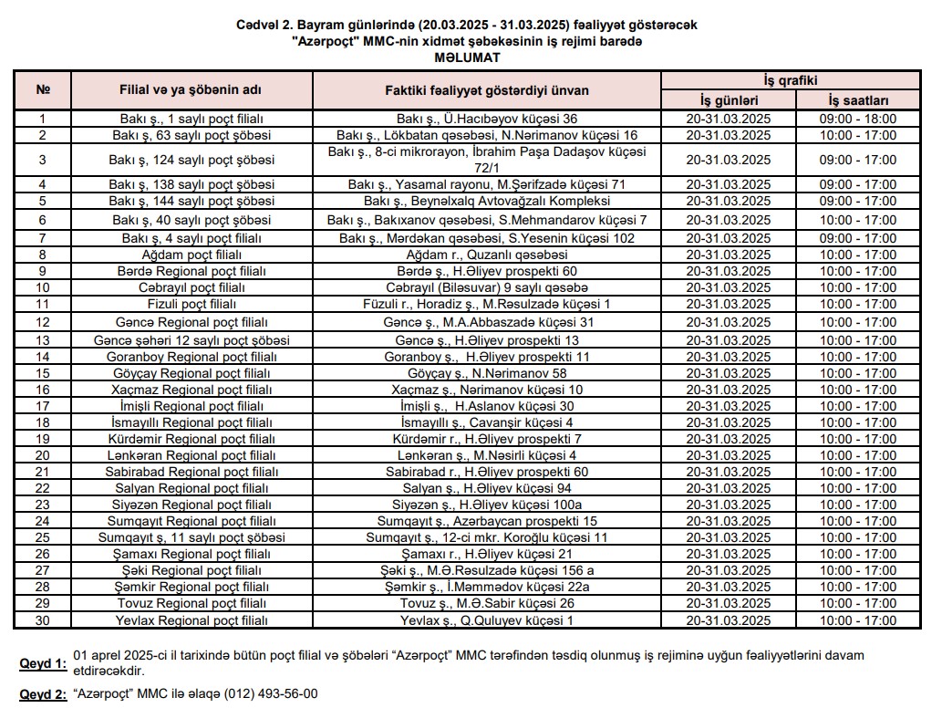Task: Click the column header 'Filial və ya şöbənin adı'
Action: (192, 91)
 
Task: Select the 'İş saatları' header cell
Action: (858, 100)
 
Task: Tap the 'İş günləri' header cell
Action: (729, 100)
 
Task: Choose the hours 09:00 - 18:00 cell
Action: (858, 119)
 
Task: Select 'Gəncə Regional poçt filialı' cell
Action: (192, 322)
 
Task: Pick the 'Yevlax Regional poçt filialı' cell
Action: (192, 620)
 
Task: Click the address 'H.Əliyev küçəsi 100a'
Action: (519, 505)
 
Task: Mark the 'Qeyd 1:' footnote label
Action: (43, 664)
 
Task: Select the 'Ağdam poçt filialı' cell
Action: (192, 255)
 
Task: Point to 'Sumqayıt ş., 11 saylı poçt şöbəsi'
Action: (192, 537)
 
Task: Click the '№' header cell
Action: (42, 91)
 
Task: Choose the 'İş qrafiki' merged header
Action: (792, 81)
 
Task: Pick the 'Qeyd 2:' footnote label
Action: (43, 694)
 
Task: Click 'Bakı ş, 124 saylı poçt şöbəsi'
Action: (192, 160)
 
